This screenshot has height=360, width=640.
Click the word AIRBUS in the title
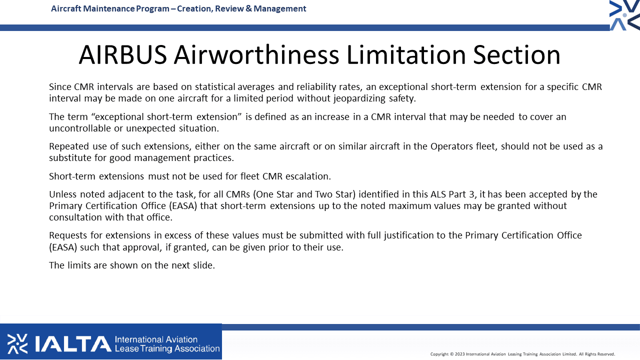(x=123, y=54)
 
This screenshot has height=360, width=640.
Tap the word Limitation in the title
(x=406, y=54)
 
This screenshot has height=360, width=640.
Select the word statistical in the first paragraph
(x=215, y=86)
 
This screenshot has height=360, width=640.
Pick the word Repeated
(x=69, y=146)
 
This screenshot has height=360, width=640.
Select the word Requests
(x=68, y=235)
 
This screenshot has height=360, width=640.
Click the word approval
(x=141, y=247)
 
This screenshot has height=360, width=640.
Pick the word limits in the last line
(x=78, y=265)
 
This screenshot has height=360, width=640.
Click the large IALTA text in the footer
(x=73, y=344)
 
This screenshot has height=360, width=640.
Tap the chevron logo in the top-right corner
(x=624, y=15)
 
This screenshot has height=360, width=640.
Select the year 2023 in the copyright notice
(x=459, y=354)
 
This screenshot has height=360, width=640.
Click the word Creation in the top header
(x=194, y=9)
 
